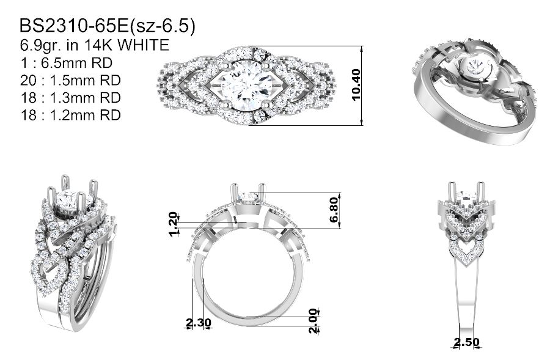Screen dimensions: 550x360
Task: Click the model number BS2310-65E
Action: [x=75, y=26]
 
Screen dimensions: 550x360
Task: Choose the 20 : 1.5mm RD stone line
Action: [x=70, y=80]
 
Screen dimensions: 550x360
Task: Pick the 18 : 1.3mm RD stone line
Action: [x=70, y=98]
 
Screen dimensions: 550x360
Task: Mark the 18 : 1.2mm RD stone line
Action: [x=70, y=115]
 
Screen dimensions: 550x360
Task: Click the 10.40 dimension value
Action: [x=355, y=85]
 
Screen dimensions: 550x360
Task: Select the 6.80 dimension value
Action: [x=334, y=210]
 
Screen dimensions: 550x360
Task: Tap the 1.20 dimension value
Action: [x=172, y=224]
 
